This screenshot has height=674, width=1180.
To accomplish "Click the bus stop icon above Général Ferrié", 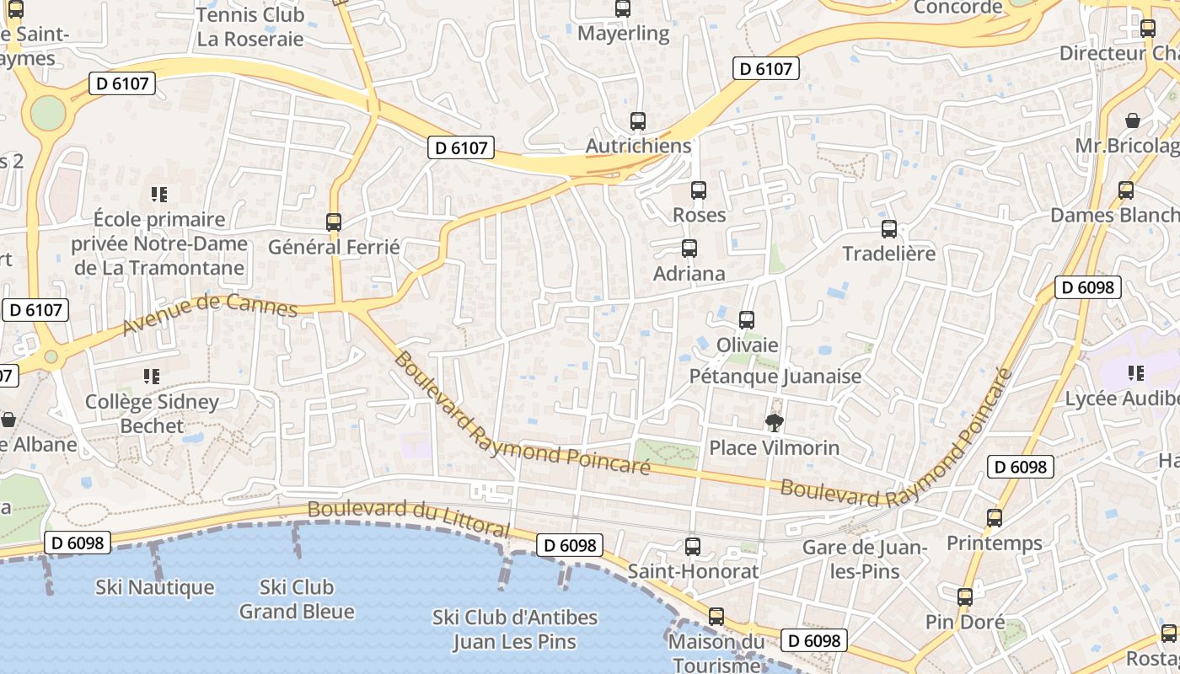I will [334, 222].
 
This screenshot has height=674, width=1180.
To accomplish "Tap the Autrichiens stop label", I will [638, 146].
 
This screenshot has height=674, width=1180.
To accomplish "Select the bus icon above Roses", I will [699, 190].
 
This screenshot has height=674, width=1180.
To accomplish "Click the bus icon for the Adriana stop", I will [689, 249].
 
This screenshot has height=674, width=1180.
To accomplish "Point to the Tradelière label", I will [888, 254].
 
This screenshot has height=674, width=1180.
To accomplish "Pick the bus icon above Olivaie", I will [747, 320].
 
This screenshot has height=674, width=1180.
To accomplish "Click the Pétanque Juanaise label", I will [775, 376].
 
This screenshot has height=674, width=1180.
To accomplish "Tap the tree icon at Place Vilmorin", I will [774, 422].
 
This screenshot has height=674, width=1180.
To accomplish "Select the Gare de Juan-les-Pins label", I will [864, 559].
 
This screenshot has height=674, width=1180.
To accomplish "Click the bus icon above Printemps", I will [995, 518].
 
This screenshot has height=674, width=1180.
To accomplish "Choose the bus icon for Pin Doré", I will [965, 597].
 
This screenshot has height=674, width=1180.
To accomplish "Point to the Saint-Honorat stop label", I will [693, 571].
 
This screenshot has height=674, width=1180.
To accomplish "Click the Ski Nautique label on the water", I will [155, 587].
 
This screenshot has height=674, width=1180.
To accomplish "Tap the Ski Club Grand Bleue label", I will [297, 599].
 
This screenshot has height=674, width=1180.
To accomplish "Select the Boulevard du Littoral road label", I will [409, 518].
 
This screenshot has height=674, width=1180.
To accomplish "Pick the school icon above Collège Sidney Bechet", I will [152, 376].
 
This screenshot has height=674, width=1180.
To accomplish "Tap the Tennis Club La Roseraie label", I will [249, 27].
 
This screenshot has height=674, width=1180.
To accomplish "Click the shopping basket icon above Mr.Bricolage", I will [1133, 120].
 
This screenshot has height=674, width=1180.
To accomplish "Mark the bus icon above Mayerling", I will [623, 9].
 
